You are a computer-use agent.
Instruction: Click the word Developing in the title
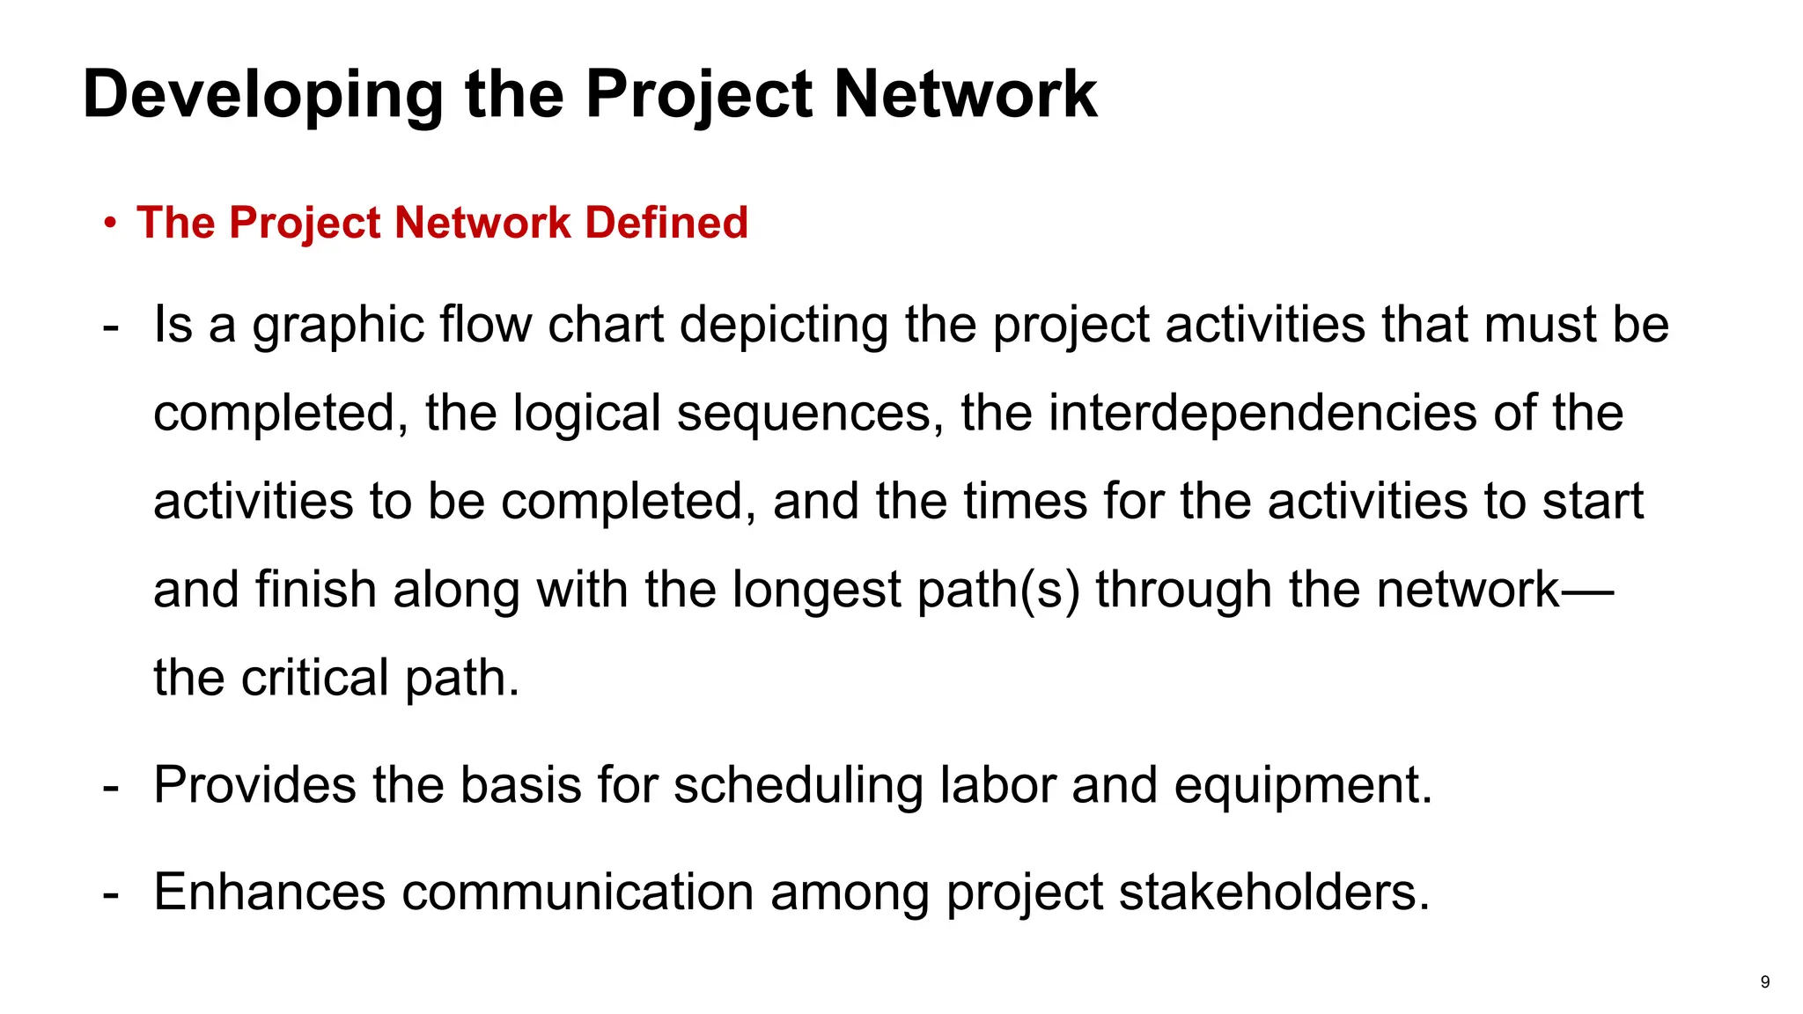[x=262, y=95]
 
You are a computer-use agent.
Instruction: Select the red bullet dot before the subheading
[x=109, y=223]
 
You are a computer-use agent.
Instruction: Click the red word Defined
[x=666, y=222]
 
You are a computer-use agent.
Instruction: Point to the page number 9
[x=1764, y=982]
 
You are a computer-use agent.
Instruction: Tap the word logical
[x=586, y=414]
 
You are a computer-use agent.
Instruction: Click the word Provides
[x=254, y=784]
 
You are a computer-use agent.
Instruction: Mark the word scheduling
[x=798, y=786]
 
